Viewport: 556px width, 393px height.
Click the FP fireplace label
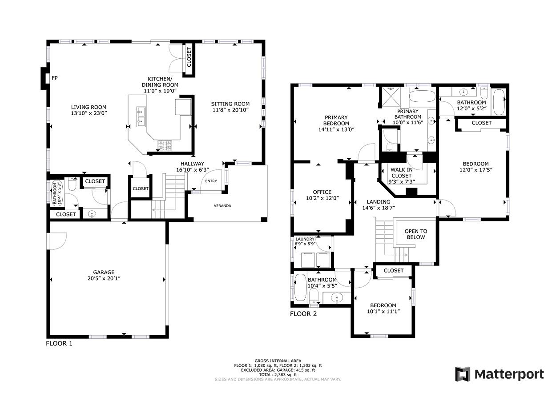point(55,78)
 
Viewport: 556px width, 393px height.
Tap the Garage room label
point(104,272)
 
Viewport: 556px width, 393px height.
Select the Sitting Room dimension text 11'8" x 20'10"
point(230,110)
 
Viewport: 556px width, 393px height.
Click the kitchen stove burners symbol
point(165,145)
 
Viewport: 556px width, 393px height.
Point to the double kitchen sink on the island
point(141,116)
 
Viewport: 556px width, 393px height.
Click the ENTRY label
point(211,181)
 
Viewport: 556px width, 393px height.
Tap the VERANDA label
point(222,206)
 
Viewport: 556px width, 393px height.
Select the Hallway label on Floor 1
point(192,164)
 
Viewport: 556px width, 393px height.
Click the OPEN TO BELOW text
point(416,234)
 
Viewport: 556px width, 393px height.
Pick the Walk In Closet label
point(402,172)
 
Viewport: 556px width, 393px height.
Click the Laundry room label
point(305,239)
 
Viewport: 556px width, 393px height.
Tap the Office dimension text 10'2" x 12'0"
point(322,198)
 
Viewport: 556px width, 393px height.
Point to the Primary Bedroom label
point(336,120)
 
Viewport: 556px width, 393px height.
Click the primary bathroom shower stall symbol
point(391,97)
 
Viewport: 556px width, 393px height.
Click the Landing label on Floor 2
point(379,202)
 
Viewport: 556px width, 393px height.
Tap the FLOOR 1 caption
point(59,343)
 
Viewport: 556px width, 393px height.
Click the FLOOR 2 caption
point(303,314)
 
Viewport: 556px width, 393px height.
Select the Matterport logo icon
point(463,374)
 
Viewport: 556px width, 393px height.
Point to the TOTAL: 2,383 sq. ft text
point(278,375)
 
